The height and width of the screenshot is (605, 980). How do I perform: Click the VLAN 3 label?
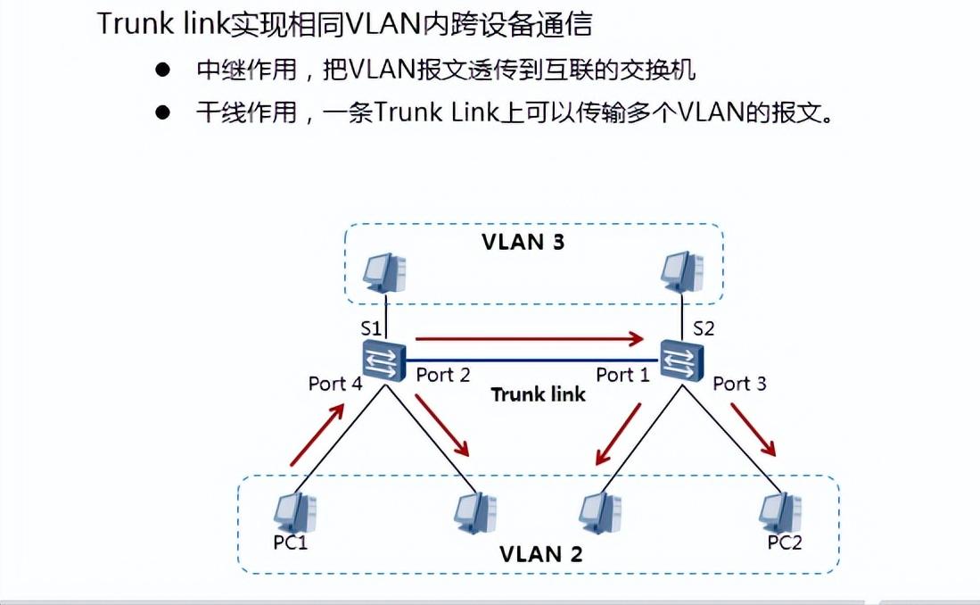(x=523, y=242)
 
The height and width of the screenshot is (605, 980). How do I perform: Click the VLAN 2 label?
(x=540, y=553)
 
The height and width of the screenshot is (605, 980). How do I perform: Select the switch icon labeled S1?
(x=384, y=361)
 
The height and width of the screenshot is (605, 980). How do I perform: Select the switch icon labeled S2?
(x=682, y=361)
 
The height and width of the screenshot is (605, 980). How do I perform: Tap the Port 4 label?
(x=335, y=384)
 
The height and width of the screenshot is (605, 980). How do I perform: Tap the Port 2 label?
(x=442, y=375)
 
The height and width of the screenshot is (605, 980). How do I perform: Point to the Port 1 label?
(x=622, y=375)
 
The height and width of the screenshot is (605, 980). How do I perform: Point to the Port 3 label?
(x=739, y=384)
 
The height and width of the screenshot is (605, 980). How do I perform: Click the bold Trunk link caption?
(x=538, y=394)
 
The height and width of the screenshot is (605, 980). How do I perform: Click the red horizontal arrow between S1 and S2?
(x=530, y=338)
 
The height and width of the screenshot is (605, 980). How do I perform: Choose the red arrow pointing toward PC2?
(x=754, y=429)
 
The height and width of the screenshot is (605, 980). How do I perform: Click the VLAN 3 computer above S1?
(x=385, y=271)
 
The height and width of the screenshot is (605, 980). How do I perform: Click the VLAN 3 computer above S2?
(x=683, y=271)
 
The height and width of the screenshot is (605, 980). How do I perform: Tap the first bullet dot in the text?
(x=161, y=70)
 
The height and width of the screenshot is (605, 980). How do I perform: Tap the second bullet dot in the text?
(x=161, y=113)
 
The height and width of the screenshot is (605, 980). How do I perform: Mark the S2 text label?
(x=704, y=327)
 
